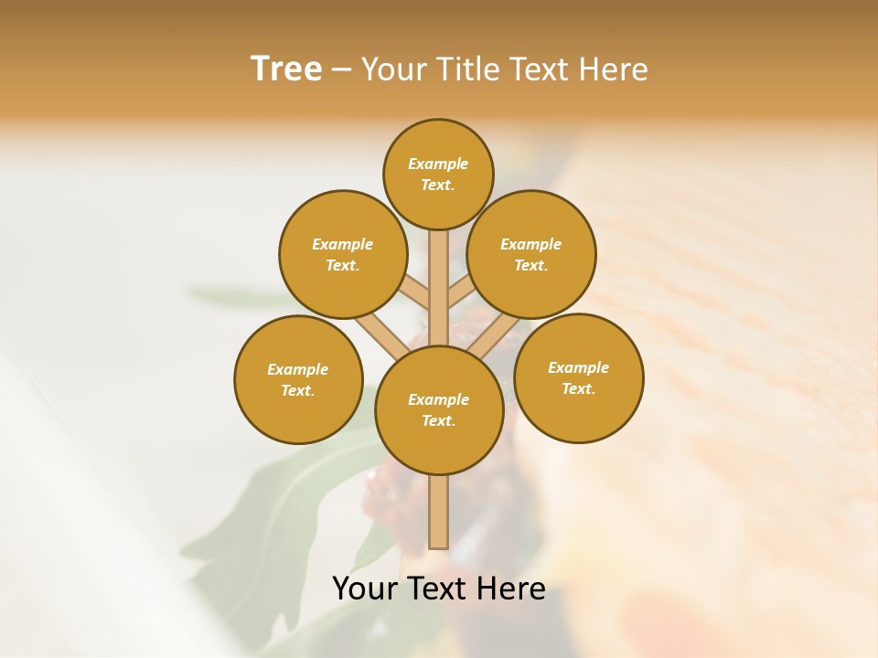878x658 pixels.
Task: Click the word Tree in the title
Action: (286, 69)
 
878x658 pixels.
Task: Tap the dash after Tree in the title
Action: (342, 69)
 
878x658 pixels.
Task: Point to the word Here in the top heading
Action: (616, 69)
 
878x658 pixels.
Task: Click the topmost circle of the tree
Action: (438, 174)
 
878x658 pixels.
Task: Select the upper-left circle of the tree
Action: (343, 254)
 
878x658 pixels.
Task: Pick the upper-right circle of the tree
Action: (531, 254)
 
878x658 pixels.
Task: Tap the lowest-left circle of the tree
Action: (298, 379)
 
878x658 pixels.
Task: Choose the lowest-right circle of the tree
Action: (578, 377)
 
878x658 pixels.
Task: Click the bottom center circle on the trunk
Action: (438, 409)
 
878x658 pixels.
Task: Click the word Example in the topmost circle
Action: (438, 164)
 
